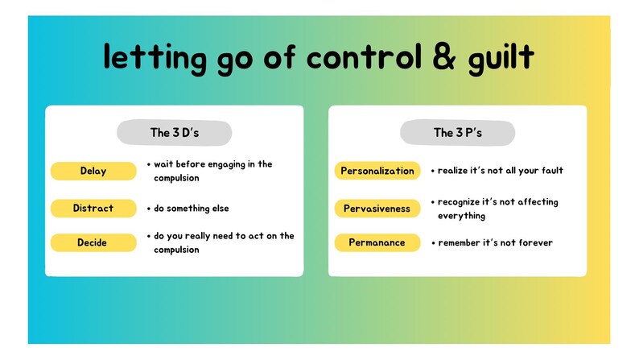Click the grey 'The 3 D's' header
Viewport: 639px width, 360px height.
pos(175,133)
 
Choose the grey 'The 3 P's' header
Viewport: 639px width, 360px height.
pos(457,133)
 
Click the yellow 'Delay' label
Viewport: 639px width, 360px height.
pos(93,171)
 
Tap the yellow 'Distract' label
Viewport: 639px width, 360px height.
pos(93,208)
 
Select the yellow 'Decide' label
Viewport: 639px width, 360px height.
pos(93,242)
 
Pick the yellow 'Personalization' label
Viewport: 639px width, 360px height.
pos(377,171)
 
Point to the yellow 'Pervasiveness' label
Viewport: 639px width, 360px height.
pos(377,209)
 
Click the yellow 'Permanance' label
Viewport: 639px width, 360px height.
pos(377,242)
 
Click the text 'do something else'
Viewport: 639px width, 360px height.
pos(192,209)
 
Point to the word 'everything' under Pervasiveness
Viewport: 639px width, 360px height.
pos(461,216)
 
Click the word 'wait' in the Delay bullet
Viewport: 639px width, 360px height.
pos(164,164)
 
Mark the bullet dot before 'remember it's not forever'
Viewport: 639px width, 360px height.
pos(433,242)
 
